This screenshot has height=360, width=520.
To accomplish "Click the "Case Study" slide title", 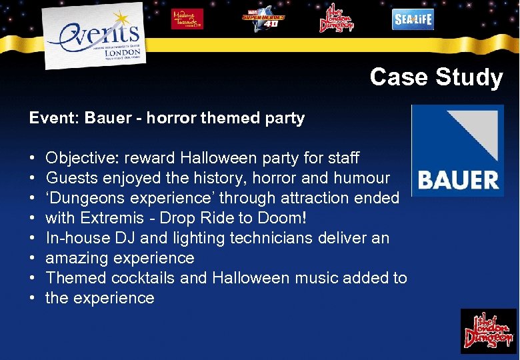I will pos(436,77).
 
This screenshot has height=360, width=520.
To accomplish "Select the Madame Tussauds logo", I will pos(187,19).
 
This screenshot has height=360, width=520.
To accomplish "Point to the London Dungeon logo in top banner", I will pos(336,18).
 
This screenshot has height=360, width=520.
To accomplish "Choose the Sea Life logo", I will pos(412,19).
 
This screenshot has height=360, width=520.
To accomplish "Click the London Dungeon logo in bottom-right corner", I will pos(489,331).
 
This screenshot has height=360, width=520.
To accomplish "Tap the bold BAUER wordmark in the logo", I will pos(457,179).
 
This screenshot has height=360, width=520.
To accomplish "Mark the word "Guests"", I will pos(70,178).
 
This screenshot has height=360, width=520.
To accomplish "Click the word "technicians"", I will pos(294,238).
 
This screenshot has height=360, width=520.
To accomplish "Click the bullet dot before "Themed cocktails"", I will pos(33,278).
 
